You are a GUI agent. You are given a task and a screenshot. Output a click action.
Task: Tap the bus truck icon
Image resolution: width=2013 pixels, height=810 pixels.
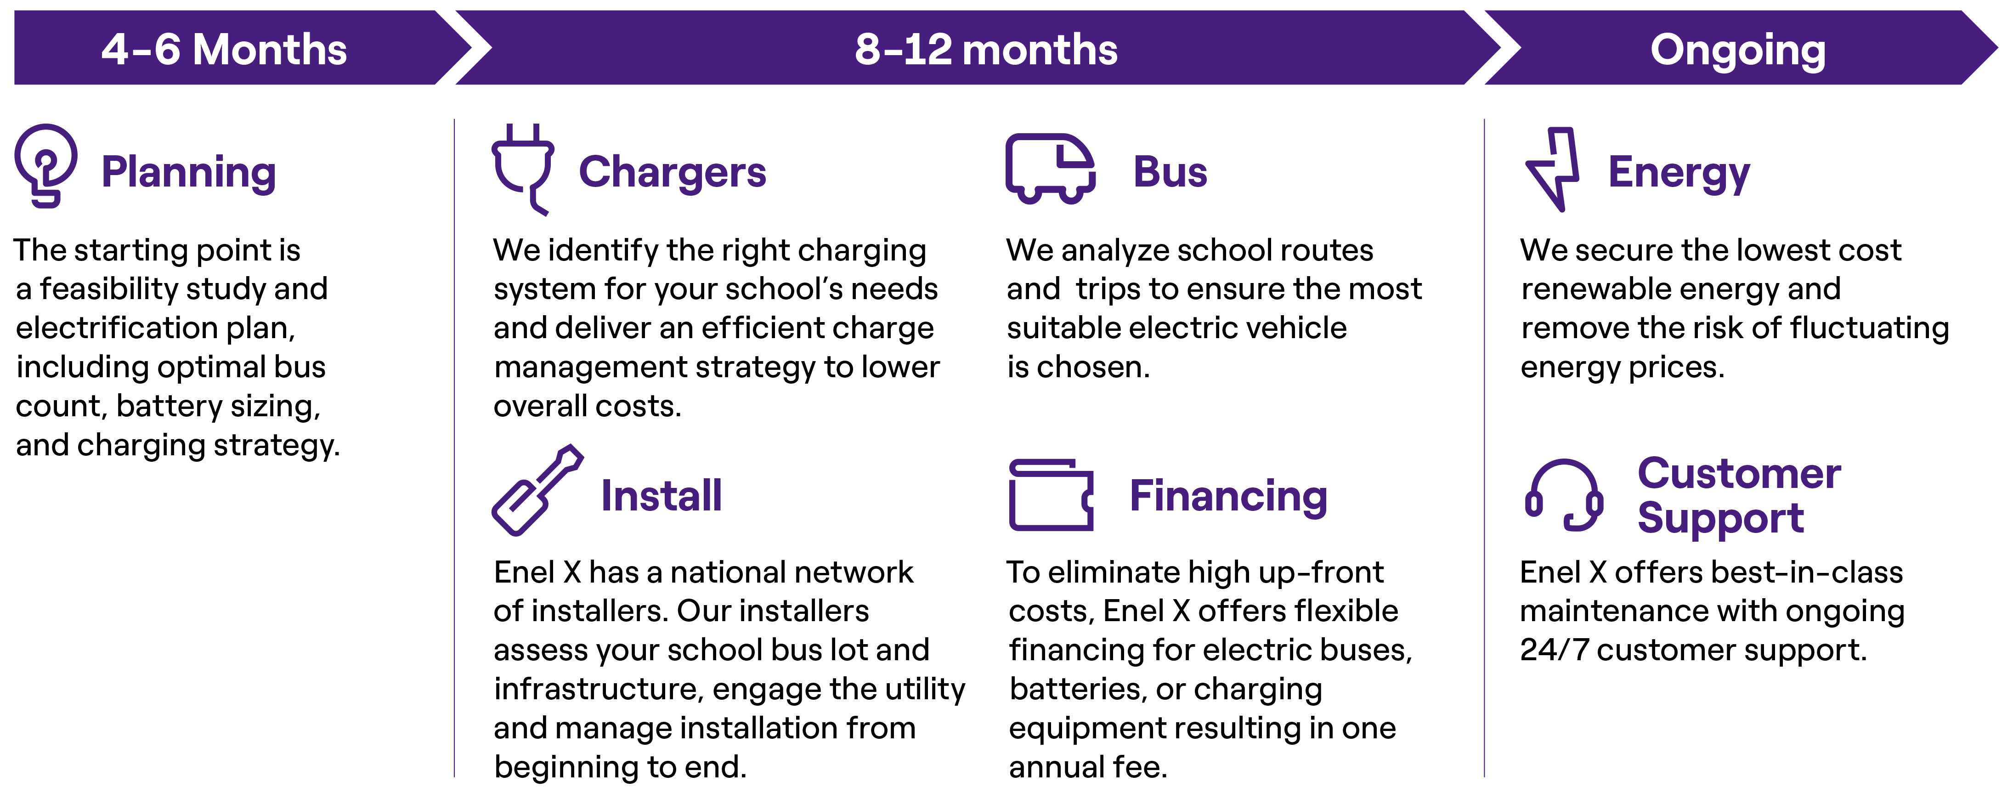(x=1050, y=168)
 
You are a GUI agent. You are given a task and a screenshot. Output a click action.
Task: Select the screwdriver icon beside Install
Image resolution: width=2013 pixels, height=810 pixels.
(x=537, y=490)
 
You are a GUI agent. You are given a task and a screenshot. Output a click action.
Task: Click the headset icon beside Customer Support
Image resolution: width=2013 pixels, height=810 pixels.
(x=1564, y=495)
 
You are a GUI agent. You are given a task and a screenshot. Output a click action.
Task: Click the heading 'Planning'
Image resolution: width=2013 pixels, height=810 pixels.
(x=188, y=172)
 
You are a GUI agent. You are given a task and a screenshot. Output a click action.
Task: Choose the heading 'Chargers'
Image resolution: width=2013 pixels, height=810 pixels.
(x=672, y=172)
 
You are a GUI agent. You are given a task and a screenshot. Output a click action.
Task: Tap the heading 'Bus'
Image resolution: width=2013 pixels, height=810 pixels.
(x=1170, y=172)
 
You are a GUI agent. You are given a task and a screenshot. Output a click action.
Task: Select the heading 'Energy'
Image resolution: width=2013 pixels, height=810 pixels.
(x=1679, y=172)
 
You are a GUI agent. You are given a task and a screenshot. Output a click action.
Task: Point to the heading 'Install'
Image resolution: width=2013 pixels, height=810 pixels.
(x=661, y=496)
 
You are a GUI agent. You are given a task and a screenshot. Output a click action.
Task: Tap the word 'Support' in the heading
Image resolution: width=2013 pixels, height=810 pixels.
(x=1720, y=518)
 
